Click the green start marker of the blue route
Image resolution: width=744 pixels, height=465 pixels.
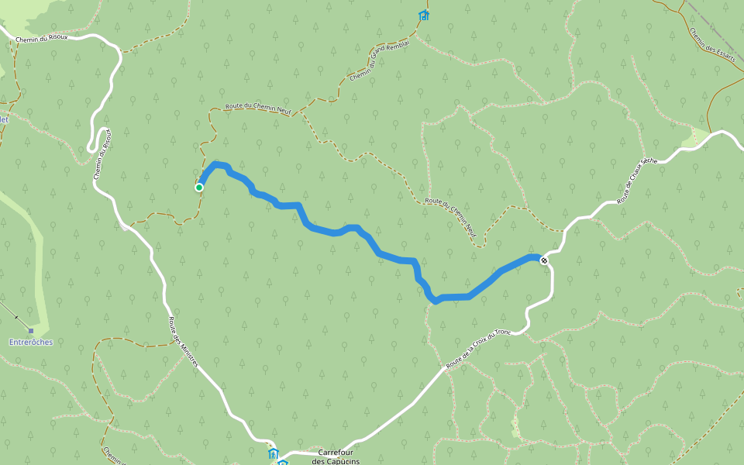tap(199, 187)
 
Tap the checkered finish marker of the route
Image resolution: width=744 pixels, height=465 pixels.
tap(545, 260)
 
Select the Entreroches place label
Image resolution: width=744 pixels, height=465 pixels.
tap(31, 342)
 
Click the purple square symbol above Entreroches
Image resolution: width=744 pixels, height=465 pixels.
tap(31, 331)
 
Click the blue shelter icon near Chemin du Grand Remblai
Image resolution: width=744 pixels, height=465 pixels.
tap(423, 15)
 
